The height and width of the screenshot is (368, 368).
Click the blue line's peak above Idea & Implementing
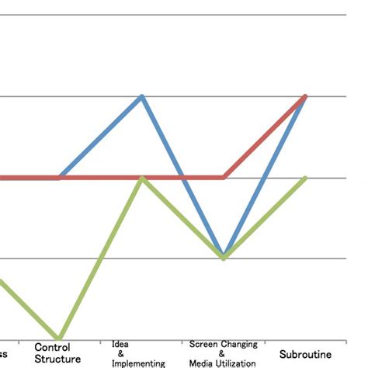[x=141, y=96]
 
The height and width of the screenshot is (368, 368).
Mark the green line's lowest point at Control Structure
[x=59, y=337]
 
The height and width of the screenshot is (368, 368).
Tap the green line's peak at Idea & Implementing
[x=141, y=178]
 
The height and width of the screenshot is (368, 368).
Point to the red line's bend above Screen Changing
[x=224, y=177]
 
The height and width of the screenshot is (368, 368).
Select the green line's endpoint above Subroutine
[x=306, y=178]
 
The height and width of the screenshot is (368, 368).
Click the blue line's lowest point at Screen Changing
[x=224, y=256]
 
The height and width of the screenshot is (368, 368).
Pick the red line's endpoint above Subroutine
[x=306, y=96]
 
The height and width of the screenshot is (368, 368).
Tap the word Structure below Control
[x=57, y=359]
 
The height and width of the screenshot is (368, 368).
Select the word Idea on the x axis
[x=120, y=344]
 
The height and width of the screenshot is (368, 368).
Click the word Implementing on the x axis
[x=138, y=363]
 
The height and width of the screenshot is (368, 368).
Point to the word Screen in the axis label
[x=203, y=344]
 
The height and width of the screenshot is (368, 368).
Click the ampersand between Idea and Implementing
[x=120, y=353]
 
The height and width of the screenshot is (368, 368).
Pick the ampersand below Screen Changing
[x=223, y=353]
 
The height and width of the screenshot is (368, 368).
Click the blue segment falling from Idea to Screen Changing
[x=182, y=176]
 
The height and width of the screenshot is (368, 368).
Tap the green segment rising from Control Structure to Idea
[x=100, y=257]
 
